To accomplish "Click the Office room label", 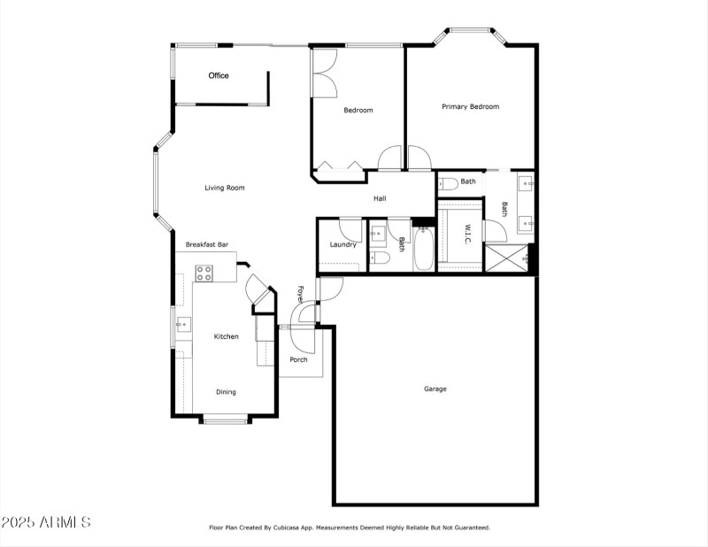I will click(x=219, y=76).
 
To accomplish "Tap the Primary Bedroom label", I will click(x=470, y=107).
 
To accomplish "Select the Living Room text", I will click(x=224, y=188).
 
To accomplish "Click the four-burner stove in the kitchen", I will click(x=204, y=273).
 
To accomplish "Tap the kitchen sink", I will click(x=183, y=325).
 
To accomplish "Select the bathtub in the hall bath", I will click(x=423, y=251).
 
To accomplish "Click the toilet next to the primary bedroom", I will click(x=448, y=183).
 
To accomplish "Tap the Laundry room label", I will click(x=342, y=244).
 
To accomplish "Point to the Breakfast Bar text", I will click(x=207, y=244).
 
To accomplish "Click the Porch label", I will click(x=298, y=359).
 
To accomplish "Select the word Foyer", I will click(x=301, y=295).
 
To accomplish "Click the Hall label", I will click(x=379, y=198).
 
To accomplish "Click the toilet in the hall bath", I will click(x=381, y=258).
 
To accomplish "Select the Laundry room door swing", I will click(x=350, y=228).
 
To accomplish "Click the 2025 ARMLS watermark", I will click(x=46, y=522).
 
